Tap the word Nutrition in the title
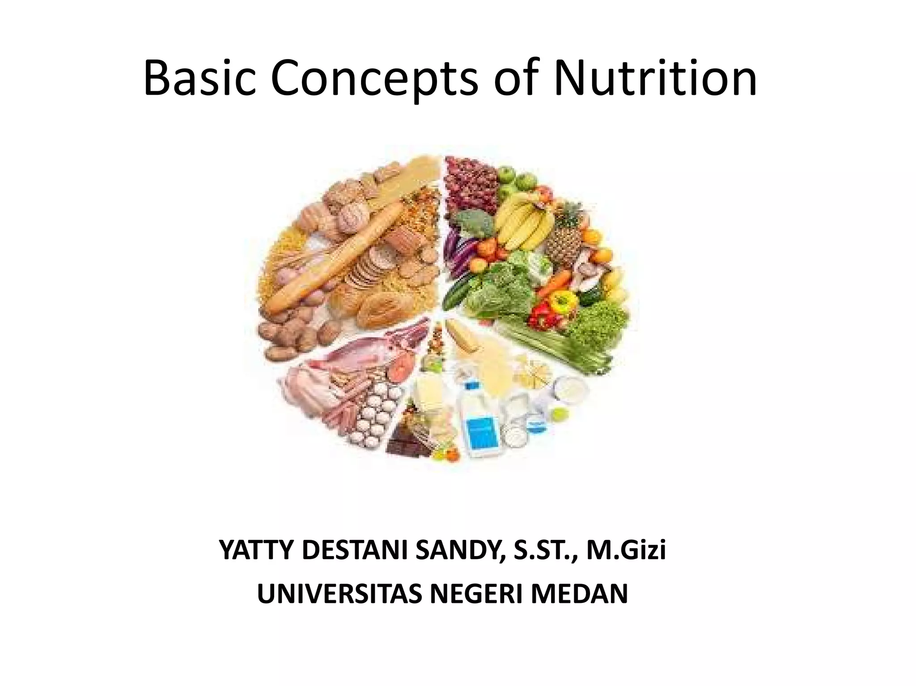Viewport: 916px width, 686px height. coord(655,80)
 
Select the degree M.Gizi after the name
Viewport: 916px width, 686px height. coord(626,550)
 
